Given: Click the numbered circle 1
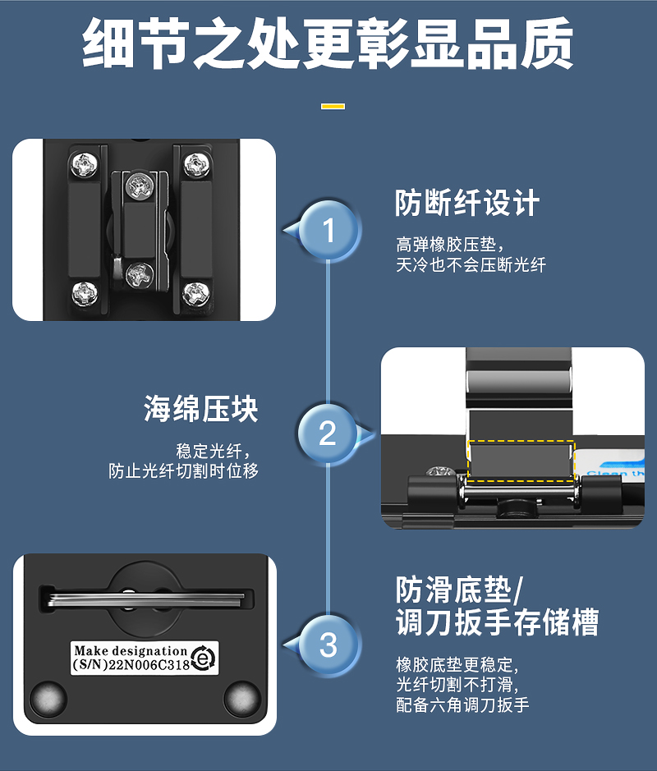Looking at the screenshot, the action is [x=328, y=230].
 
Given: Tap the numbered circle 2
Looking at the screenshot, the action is [x=328, y=433].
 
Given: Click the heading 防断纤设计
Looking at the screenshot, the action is [x=467, y=203].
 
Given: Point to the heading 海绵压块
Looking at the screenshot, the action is [x=200, y=409].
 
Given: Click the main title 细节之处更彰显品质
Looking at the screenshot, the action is [x=328, y=44].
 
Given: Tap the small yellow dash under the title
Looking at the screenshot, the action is [x=333, y=106].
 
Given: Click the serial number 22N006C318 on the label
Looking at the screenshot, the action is [x=149, y=665].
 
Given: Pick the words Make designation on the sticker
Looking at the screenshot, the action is [x=131, y=651].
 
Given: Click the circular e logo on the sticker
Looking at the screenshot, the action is [x=203, y=657].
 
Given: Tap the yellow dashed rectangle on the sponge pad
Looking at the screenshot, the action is [x=521, y=461].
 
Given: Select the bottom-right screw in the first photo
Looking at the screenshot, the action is [x=196, y=295].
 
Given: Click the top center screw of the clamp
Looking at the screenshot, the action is [x=140, y=187].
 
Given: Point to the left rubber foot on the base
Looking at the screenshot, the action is [x=48, y=699].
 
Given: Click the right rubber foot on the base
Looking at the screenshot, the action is [x=242, y=699].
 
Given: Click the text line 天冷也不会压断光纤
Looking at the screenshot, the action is [x=471, y=265].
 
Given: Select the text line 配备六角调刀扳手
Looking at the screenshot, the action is [x=462, y=704].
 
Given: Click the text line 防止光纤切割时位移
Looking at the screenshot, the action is [x=183, y=470].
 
